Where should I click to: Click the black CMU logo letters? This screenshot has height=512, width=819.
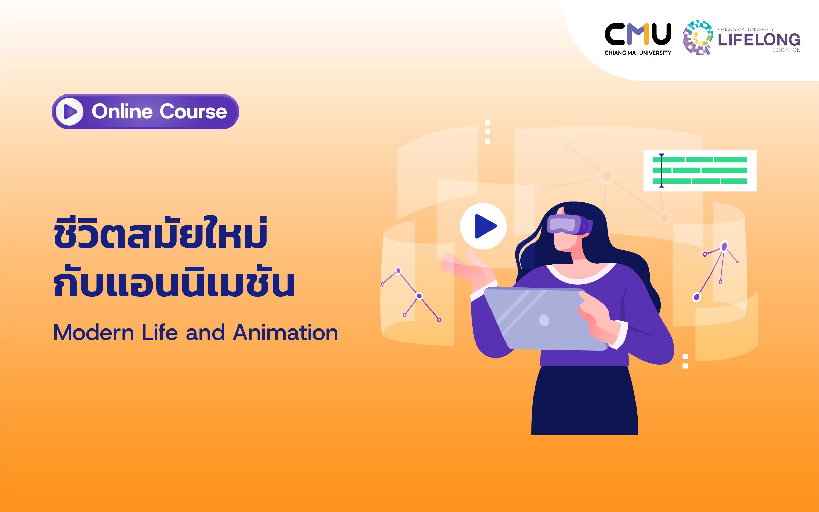pyautogui.click(x=638, y=34)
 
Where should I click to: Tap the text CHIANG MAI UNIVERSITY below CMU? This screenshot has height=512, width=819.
pyautogui.click(x=638, y=53)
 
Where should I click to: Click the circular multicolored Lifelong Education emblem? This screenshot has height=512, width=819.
pyautogui.click(x=698, y=38)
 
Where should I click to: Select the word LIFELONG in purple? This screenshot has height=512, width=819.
pyautogui.click(x=759, y=40)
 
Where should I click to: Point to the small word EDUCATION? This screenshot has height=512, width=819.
pyautogui.click(x=786, y=50)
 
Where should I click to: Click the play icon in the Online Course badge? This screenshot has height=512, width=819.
pyautogui.click(x=70, y=112)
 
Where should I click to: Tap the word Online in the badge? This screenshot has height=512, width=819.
pyautogui.click(x=122, y=112)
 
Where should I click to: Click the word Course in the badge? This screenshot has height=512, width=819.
pyautogui.click(x=193, y=112)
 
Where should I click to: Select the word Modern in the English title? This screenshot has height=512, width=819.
pyautogui.click(x=94, y=333)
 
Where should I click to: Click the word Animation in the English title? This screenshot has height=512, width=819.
pyautogui.click(x=286, y=333)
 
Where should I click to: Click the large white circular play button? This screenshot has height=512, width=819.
pyautogui.click(x=483, y=226)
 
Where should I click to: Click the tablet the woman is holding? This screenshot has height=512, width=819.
pyautogui.click(x=546, y=319)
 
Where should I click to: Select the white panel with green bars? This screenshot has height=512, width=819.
pyautogui.click(x=700, y=171)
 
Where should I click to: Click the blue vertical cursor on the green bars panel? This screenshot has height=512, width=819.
pyautogui.click(x=662, y=171)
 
